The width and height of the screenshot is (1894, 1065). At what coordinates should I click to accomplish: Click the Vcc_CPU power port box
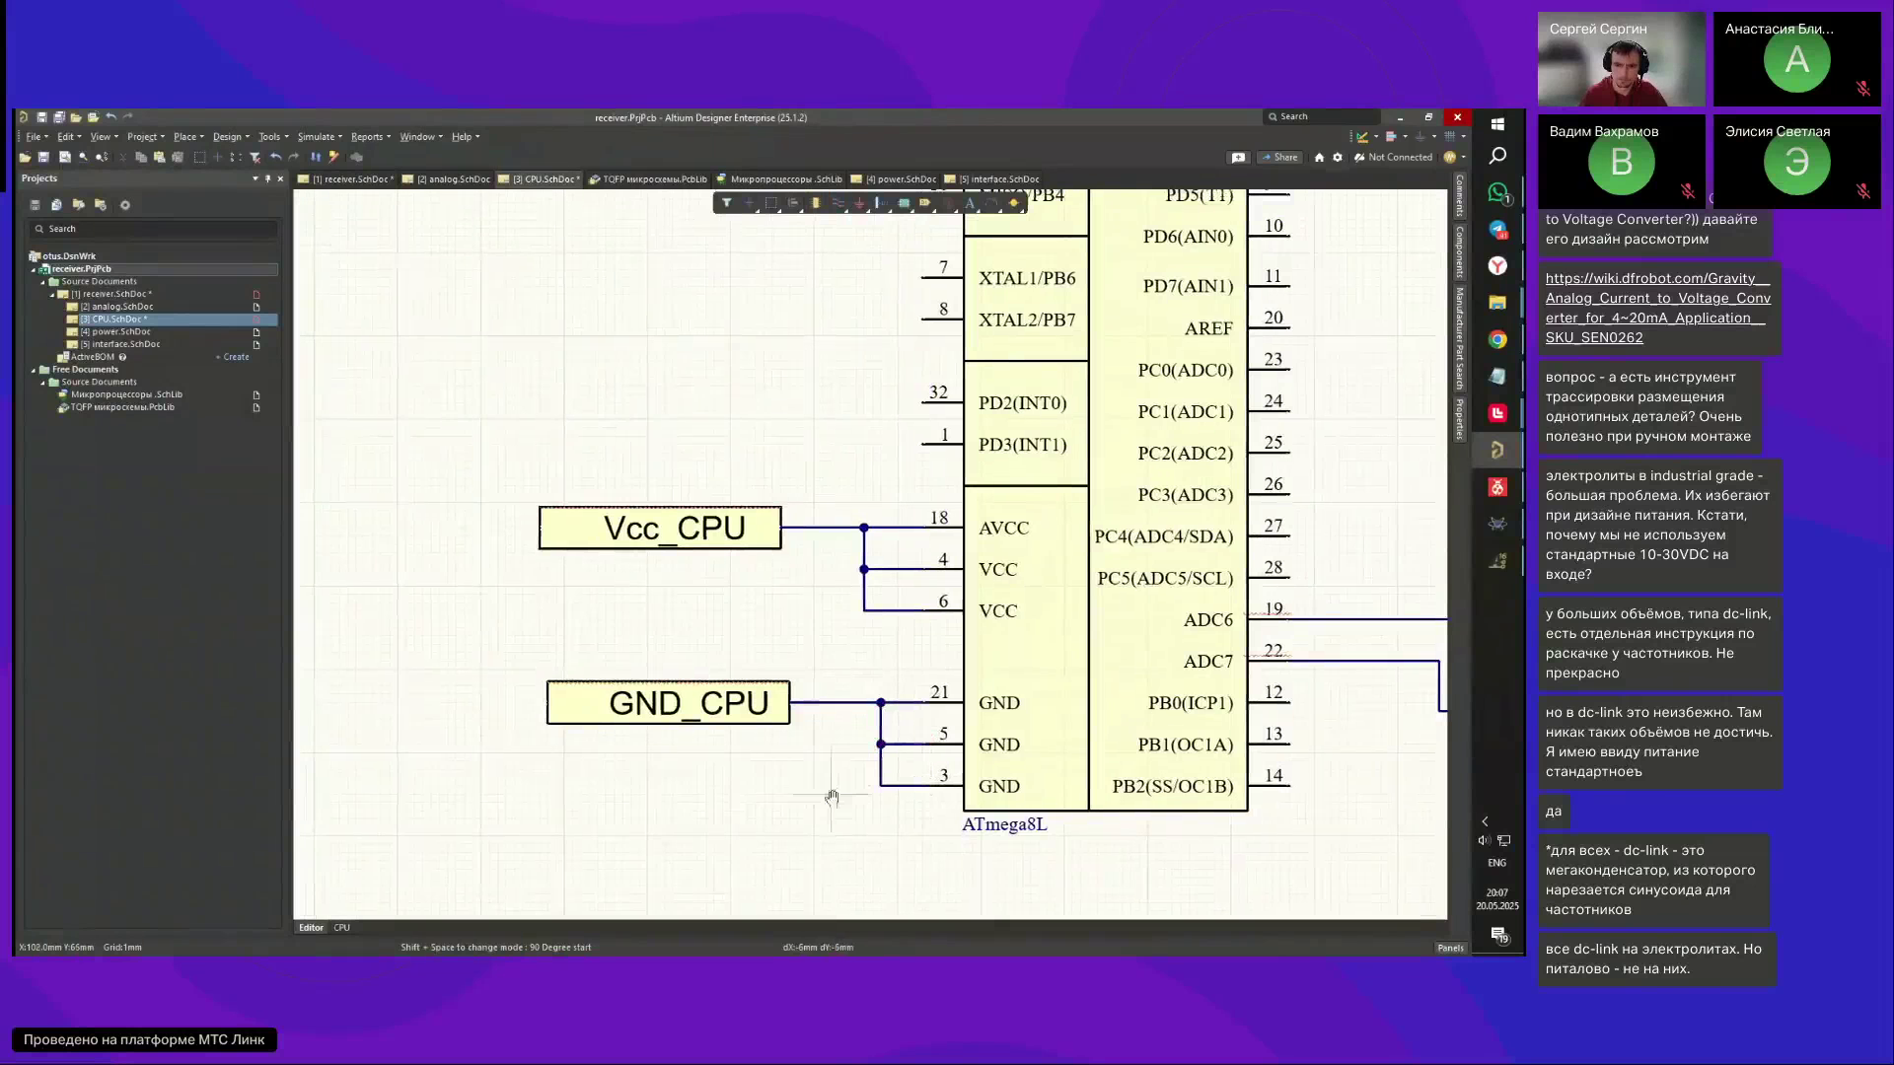[660, 529]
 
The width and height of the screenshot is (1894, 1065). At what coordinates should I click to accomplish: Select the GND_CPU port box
[668, 703]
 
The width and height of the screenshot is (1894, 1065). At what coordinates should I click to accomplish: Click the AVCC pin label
[1003, 529]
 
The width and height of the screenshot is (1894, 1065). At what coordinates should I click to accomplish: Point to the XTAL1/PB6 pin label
[1026, 279]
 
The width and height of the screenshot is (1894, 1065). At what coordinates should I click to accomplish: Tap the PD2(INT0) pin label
[1022, 403]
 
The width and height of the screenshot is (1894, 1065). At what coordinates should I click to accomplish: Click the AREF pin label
[1208, 329]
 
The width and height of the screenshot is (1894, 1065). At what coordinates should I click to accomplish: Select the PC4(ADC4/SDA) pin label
[1163, 537]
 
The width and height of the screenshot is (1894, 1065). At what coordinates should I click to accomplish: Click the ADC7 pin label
[1208, 662]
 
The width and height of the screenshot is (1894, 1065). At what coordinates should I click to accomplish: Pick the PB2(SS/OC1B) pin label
[1172, 787]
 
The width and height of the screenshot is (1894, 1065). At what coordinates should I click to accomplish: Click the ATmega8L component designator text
[1004, 824]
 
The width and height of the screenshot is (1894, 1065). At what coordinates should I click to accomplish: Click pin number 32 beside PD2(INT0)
[938, 392]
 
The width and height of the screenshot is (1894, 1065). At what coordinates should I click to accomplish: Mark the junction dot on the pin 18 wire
[864, 529]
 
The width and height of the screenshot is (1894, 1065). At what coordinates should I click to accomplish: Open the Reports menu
[367, 137]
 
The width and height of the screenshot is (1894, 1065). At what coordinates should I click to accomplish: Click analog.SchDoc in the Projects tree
[122, 307]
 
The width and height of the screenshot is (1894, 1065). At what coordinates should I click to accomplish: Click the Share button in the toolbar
[1279, 158]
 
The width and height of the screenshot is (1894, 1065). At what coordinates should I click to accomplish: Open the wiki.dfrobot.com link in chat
[1657, 308]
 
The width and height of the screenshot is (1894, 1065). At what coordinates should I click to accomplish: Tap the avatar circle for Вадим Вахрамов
[1621, 163]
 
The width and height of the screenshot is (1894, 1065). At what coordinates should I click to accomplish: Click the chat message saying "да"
[1554, 812]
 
